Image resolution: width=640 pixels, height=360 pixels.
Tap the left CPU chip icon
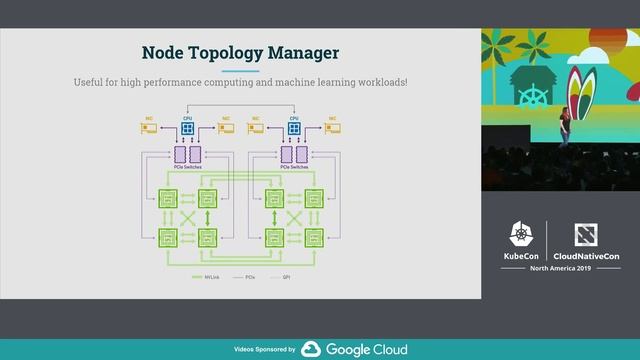tap(186, 129)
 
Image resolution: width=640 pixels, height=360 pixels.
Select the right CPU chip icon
tap(294, 129)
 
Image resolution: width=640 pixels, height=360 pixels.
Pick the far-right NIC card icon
tap(332, 128)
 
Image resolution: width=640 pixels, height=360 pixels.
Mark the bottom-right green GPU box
tap(314, 237)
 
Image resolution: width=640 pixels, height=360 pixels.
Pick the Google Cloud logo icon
tap(310, 349)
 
